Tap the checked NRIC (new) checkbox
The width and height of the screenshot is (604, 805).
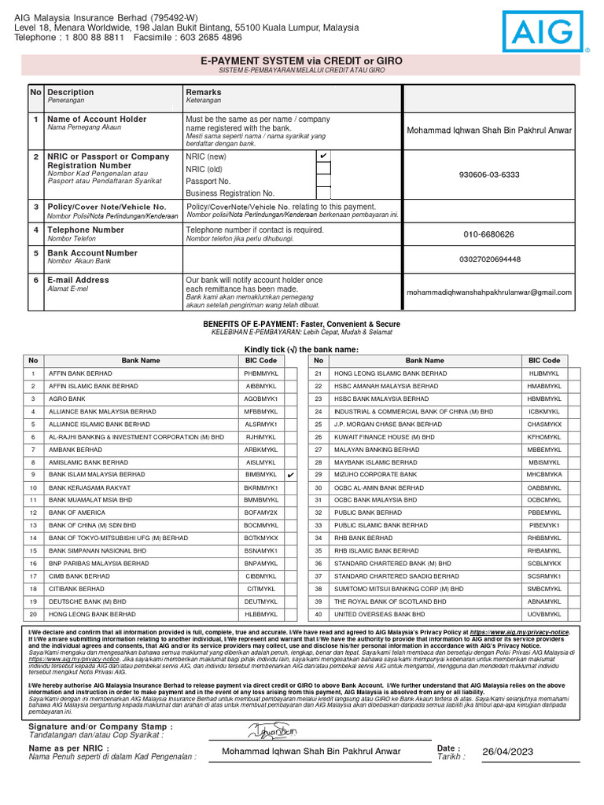[323, 156]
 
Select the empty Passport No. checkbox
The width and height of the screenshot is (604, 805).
[323, 181]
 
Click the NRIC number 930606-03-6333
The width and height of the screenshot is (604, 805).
[488, 175]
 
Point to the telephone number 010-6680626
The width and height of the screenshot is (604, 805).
[488, 234]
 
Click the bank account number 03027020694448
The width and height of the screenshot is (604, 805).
[488, 259]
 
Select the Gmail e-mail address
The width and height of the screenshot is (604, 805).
[488, 292]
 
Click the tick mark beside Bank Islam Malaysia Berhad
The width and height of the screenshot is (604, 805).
[290, 476]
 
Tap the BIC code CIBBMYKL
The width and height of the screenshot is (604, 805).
[261, 576]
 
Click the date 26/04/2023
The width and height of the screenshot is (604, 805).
[508, 752]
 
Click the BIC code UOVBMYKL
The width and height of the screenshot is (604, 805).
[544, 614]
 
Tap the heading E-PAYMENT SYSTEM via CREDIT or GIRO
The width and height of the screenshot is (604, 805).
[301, 60]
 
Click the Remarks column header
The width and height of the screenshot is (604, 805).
[204, 92]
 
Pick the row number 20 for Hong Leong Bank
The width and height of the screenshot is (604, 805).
[33, 614]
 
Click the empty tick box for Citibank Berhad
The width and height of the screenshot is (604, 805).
[290, 589]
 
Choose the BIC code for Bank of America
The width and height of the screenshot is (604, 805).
[261, 513]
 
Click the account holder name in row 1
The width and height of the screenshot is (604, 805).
[488, 130]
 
